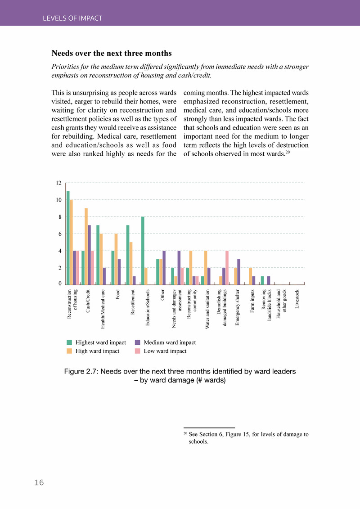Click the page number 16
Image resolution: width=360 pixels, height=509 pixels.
[39, 482]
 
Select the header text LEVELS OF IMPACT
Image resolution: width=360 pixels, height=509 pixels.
[72, 18]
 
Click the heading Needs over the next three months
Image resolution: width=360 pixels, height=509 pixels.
[111, 53]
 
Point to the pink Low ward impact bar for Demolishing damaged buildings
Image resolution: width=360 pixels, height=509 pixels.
[227, 267]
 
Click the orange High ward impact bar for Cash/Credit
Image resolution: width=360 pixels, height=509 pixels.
[86, 246]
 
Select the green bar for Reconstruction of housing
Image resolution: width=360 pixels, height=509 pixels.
[68, 238]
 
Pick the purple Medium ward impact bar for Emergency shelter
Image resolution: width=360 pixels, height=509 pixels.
[238, 272]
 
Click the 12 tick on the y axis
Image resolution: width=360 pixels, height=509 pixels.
[58, 183]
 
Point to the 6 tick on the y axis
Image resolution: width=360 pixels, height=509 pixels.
[59, 234]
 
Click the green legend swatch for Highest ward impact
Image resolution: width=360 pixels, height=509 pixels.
[69, 342]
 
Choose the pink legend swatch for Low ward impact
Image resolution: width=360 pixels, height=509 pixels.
[138, 351]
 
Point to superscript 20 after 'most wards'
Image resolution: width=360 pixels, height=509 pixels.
[288, 152]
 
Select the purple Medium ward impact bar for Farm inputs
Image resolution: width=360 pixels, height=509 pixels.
[253, 280]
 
